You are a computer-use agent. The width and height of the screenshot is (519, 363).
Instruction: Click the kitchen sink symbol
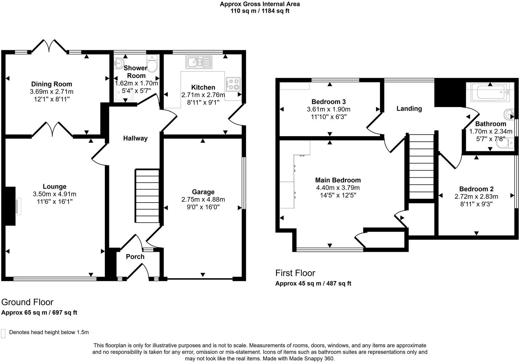(x=199, y=62)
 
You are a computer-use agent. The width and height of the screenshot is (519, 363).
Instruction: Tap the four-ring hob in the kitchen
(x=233, y=84)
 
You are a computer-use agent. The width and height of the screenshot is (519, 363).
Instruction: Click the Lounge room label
(x=54, y=187)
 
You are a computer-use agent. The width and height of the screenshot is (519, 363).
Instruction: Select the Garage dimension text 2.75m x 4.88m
(x=203, y=200)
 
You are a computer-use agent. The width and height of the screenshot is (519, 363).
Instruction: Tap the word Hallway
(x=135, y=138)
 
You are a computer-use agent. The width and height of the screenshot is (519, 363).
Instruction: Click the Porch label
(x=135, y=257)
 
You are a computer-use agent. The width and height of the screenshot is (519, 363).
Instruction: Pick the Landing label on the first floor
(x=409, y=109)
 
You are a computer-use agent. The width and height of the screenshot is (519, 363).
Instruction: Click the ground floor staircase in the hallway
(x=147, y=196)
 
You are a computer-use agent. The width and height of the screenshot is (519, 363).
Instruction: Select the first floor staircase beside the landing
(x=422, y=167)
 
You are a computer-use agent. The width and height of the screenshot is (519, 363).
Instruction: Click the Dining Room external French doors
(x=49, y=46)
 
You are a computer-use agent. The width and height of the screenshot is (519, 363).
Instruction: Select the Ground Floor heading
(x=27, y=302)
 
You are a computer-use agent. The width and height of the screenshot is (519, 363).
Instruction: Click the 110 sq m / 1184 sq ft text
(x=260, y=11)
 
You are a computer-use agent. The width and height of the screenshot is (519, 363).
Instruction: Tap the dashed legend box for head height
(x=3, y=333)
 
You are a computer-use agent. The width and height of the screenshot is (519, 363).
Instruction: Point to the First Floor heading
(x=295, y=273)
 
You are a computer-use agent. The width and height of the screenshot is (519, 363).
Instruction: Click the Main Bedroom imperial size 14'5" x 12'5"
(x=338, y=195)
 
